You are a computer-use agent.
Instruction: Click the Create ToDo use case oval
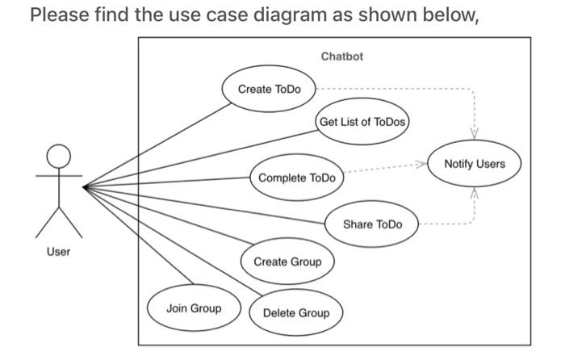pos(269,89)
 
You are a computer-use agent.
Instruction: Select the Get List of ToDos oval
pos(363,122)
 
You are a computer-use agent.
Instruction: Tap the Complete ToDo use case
pos(296,177)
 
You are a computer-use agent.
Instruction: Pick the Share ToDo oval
pos(372,224)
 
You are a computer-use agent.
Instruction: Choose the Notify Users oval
pos(475,165)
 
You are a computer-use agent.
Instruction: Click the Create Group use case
pos(287,262)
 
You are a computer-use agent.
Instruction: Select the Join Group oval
pos(194,308)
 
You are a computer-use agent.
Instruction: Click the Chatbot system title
pos(341,57)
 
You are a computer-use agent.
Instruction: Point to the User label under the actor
pos(58,252)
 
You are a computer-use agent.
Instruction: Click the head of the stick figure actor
pos(57,156)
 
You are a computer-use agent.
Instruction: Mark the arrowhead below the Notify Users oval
pos(475,195)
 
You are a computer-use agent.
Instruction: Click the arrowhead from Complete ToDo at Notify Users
pos(421,164)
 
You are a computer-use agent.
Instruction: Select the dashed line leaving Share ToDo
pos(444,224)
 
